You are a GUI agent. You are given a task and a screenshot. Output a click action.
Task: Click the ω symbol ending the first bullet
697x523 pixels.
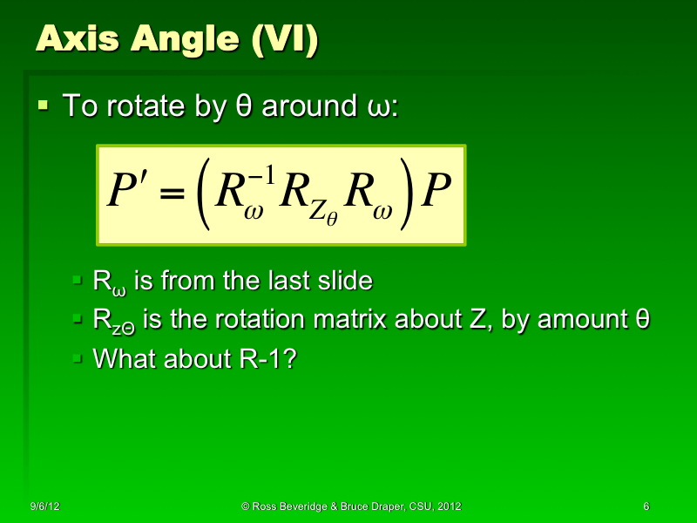[369, 109]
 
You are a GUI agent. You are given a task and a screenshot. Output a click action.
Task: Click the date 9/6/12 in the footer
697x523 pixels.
[44, 506]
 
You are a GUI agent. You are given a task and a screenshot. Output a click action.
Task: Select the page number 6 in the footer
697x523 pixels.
[646, 506]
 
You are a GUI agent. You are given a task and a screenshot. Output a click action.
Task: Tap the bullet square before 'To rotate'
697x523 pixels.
[44, 106]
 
